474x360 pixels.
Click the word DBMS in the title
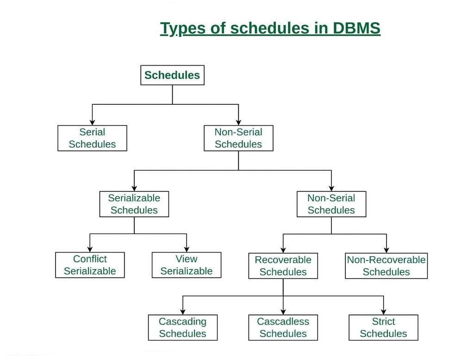pyautogui.click(x=356, y=29)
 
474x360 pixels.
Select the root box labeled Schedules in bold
pyautogui.click(x=172, y=75)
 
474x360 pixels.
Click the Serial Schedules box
pyautogui.click(x=92, y=138)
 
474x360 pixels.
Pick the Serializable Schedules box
pyautogui.click(x=134, y=204)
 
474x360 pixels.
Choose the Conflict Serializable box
pyautogui.click(x=90, y=265)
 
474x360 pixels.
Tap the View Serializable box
pyautogui.click(x=187, y=265)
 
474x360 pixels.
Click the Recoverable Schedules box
pyautogui.click(x=283, y=266)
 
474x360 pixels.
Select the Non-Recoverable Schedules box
pyautogui.click(x=386, y=266)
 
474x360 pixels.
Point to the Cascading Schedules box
pyautogui.click(x=182, y=328)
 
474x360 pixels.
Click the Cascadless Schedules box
pyautogui.click(x=283, y=328)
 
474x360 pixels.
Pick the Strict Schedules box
pyautogui.click(x=383, y=328)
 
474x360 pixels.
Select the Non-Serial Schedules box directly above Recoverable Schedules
pyautogui.click(x=331, y=204)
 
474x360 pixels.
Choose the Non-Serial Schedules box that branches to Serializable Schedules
pyautogui.click(x=238, y=138)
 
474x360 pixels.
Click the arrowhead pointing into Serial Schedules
pyautogui.click(x=92, y=122)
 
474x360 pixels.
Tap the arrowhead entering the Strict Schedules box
pyautogui.click(x=383, y=312)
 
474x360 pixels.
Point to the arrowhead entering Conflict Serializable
pyautogui.click(x=90, y=249)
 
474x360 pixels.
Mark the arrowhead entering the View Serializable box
pyautogui.click(x=187, y=249)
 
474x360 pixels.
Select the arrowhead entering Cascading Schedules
pyautogui.click(x=183, y=312)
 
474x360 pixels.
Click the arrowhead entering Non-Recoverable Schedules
pyautogui.click(x=387, y=250)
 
